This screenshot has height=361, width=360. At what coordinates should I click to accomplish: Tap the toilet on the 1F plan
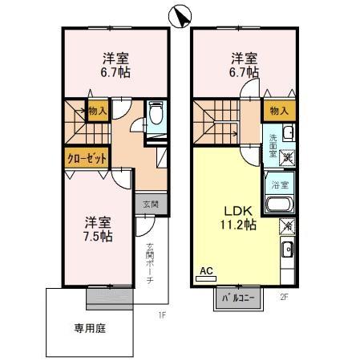156,116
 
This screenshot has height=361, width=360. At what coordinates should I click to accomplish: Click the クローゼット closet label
87,158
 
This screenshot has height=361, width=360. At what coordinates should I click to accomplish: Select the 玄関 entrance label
151,204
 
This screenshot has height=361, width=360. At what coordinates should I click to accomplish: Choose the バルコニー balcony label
236,298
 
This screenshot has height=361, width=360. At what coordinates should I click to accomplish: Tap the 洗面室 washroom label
273,144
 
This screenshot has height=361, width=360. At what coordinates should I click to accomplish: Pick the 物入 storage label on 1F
97,111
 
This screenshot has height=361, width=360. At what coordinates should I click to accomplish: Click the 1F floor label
160,315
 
